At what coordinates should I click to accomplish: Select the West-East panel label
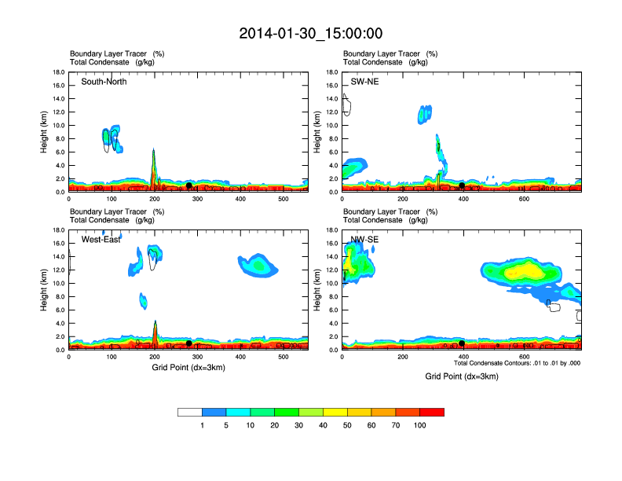[101, 239]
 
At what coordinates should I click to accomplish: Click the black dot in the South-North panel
[189, 185]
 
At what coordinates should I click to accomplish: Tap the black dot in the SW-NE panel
[462, 185]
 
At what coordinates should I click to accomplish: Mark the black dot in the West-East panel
[189, 343]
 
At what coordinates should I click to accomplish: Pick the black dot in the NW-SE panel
[462, 343]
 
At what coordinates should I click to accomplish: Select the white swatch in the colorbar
[190, 412]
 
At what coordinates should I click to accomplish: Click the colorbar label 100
[421, 425]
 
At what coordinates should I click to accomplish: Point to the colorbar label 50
[348, 425]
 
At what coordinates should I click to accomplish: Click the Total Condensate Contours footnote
[517, 363]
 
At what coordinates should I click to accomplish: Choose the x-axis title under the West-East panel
[188, 368]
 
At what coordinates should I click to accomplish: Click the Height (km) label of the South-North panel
[46, 131]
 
